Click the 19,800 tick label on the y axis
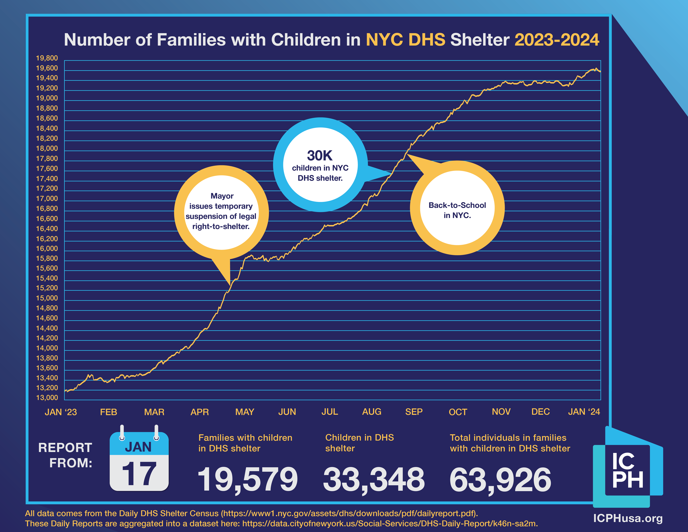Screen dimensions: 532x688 tap(47, 58)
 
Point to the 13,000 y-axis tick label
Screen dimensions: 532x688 tap(47, 398)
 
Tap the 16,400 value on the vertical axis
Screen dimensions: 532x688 tap(47, 229)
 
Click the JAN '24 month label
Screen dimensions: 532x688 tap(584, 412)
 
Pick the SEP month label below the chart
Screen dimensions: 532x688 tap(414, 412)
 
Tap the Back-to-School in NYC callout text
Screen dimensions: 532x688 tap(457, 210)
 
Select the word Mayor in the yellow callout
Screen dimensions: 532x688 tap(222, 196)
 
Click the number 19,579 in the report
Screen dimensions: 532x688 tap(247, 479)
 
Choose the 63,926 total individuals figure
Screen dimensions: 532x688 tap(500, 479)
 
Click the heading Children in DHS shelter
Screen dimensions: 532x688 tap(359, 443)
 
